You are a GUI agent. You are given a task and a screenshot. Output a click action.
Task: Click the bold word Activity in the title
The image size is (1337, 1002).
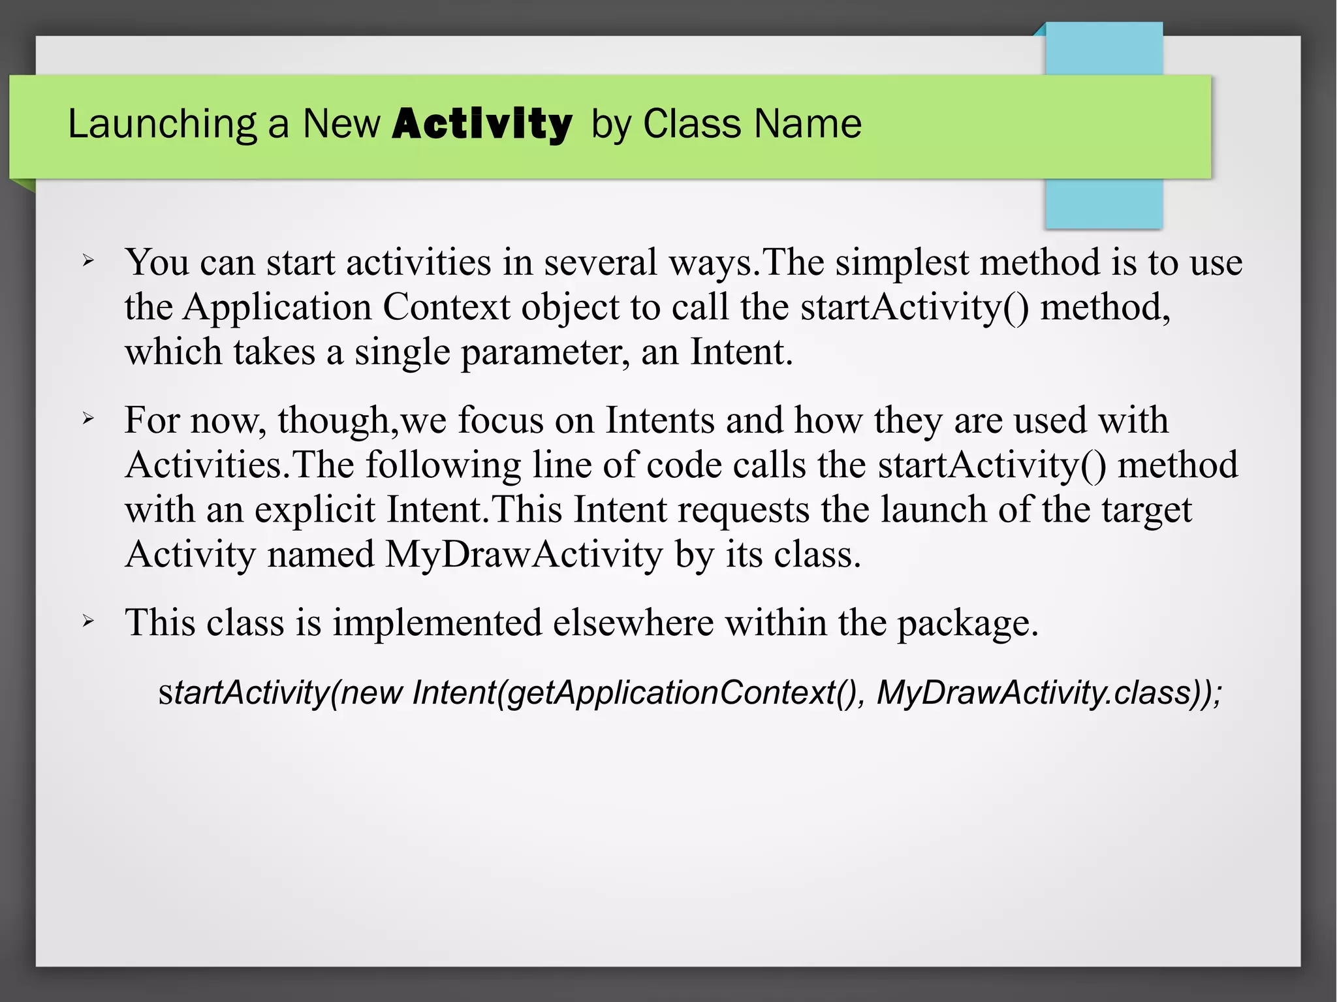pos(482,124)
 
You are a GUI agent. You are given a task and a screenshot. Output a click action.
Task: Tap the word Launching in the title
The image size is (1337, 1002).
pos(162,124)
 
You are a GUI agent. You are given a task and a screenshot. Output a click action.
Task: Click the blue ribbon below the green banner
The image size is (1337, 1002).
pos(1103,204)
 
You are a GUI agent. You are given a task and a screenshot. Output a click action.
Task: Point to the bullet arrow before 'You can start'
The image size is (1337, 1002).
pos(88,262)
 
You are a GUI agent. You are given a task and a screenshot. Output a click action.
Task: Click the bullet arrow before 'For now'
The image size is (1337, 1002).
pos(88,419)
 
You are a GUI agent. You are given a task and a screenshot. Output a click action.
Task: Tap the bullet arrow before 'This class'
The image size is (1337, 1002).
pos(88,622)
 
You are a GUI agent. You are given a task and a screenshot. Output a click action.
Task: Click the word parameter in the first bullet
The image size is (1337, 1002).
pos(546,352)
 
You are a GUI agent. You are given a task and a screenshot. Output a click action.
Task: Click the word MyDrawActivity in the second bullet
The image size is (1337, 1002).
pos(524,554)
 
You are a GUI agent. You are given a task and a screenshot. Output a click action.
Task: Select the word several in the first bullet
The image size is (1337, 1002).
pos(600,262)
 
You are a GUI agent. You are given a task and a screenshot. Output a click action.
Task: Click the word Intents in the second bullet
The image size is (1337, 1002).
pos(660,420)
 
